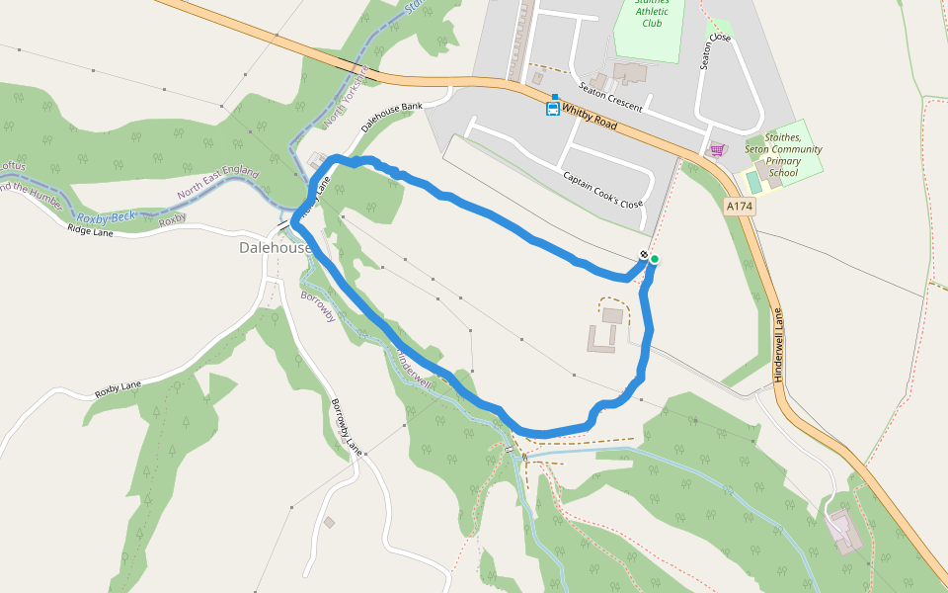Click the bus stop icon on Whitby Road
553,108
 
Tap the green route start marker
654,259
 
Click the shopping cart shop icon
717,150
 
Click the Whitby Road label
590,118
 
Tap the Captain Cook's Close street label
602,190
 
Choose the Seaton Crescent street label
610,96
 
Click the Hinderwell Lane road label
778,345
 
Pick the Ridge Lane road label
90,231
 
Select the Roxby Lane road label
118,388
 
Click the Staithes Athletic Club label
652,14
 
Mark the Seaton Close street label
715,51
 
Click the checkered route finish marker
643,256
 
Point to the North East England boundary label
217,183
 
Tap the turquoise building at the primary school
754,182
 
